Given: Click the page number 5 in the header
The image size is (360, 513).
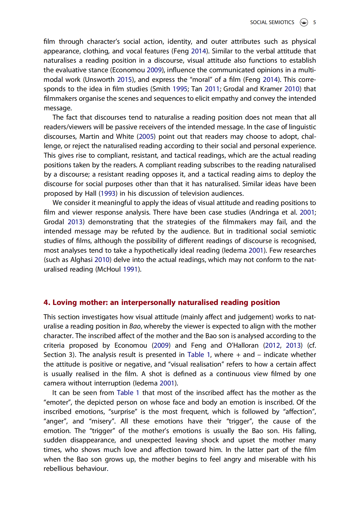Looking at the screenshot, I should tap(315, 22).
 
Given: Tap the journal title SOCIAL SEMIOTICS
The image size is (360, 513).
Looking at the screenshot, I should tap(272, 22).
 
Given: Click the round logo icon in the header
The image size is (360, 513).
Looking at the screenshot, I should tap(304, 22).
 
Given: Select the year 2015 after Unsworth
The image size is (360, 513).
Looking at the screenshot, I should tap(125, 80).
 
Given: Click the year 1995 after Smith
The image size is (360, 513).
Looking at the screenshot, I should tap(180, 89).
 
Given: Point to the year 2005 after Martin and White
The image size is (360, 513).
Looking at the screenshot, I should tap(146, 137).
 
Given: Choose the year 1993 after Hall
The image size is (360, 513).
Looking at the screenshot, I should tap(108, 194).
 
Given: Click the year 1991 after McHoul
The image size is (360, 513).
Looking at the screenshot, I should tap(130, 269).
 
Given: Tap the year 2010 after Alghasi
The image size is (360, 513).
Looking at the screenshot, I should tap(102, 260).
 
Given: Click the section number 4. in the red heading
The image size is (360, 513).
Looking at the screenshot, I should tap(47, 302).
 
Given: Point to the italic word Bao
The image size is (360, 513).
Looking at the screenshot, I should tap(135, 327).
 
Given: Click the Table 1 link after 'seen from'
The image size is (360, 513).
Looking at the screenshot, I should tap(128, 393).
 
